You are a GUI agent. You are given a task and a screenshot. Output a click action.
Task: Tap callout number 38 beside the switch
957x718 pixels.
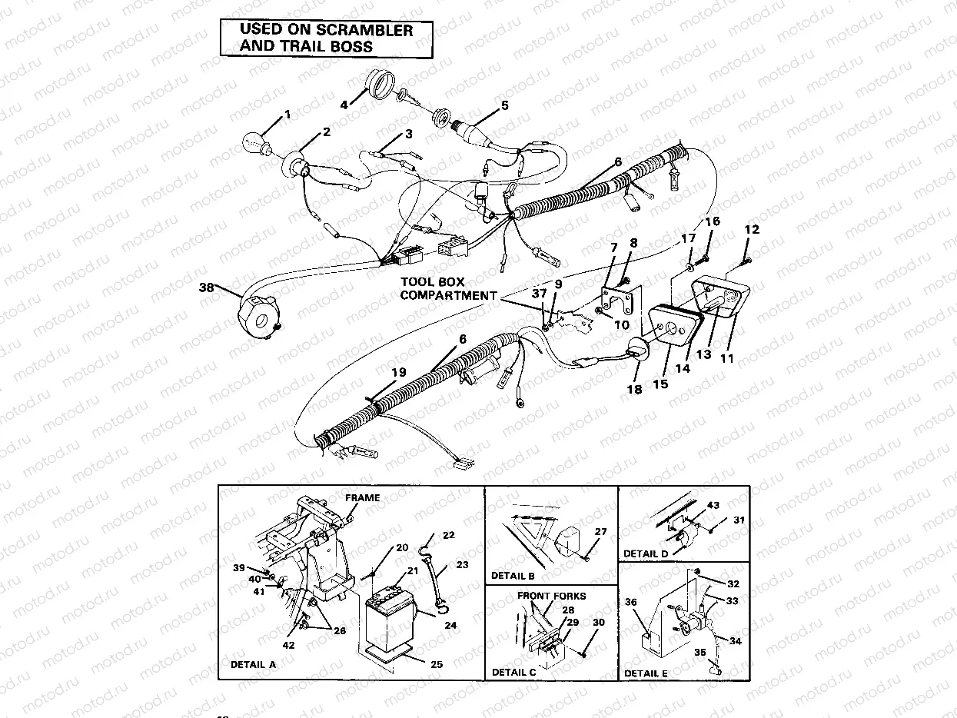click(x=206, y=289)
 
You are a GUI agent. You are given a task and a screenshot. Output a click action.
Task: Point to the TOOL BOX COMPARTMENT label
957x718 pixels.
click(x=447, y=289)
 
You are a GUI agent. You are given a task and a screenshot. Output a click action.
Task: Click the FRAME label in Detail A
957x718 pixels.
click(x=361, y=498)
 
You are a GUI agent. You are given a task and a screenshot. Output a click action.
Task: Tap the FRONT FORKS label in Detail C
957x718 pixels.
click(x=551, y=596)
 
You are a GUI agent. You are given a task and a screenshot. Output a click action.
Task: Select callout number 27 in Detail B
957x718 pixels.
click(x=600, y=532)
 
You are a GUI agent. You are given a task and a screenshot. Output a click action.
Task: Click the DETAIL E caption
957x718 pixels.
click(x=646, y=673)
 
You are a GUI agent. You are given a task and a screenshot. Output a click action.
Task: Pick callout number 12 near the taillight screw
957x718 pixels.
click(x=751, y=230)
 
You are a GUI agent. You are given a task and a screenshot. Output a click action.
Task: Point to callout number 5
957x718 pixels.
click(x=504, y=105)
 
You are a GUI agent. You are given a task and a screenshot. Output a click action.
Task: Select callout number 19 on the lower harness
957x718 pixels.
click(x=397, y=372)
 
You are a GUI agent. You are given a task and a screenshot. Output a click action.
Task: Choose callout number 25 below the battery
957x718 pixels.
click(x=437, y=665)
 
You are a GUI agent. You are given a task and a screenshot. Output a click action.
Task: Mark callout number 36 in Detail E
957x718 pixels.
click(x=631, y=603)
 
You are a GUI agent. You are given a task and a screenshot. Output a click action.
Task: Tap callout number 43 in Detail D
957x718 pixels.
click(x=713, y=505)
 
